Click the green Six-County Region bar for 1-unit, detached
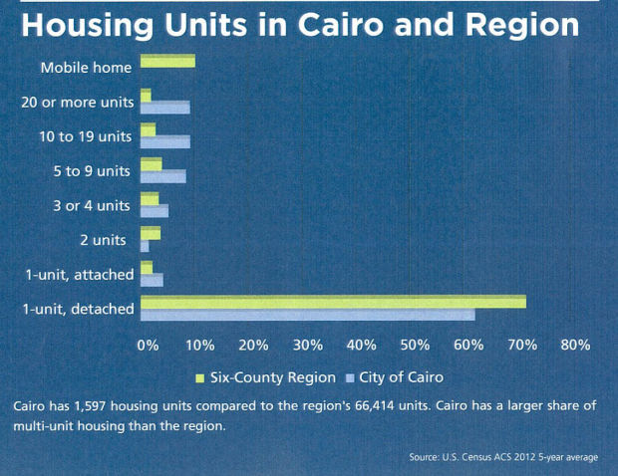[333, 302]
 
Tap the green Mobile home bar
[167, 62]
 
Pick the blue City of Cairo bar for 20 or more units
[165, 108]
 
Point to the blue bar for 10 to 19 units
[165, 141]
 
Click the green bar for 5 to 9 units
[152, 164]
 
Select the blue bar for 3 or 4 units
[154, 211]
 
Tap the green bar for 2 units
[151, 233]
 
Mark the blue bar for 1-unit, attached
[152, 280]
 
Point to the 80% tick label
[575, 345]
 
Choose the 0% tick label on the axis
[148, 345]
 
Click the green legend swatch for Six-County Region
[199, 377]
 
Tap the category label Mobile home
[87, 69]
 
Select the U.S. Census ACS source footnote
[502, 457]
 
